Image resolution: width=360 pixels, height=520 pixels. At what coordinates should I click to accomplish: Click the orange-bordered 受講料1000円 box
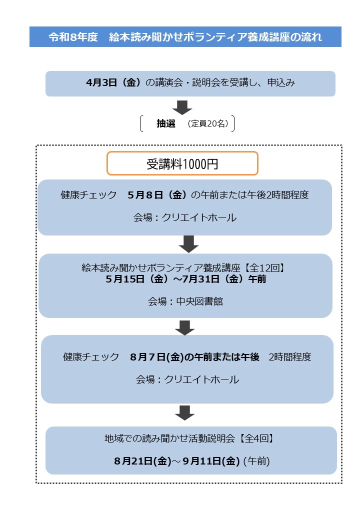(182, 163)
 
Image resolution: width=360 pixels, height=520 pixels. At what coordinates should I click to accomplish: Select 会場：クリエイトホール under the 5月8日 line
(184, 217)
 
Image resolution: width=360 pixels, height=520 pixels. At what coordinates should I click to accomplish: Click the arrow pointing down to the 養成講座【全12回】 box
(189, 244)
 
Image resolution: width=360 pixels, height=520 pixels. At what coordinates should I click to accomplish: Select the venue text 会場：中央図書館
(185, 301)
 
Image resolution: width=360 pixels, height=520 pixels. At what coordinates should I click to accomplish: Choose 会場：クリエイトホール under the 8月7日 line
(187, 379)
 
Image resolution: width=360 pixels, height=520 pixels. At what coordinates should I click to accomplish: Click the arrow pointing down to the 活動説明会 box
(184, 413)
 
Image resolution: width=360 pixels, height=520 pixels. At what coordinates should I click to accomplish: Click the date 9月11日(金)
(212, 461)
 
